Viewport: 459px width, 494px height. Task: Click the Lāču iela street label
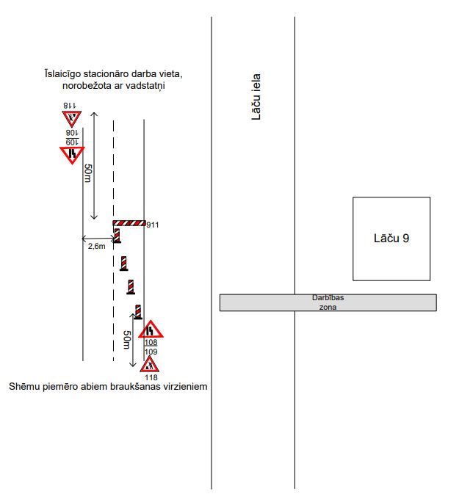(256, 97)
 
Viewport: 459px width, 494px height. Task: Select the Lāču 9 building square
(391, 239)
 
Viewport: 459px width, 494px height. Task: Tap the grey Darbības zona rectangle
(328, 302)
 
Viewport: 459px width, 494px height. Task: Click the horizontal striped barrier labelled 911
(129, 223)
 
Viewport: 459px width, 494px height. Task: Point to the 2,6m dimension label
(97, 247)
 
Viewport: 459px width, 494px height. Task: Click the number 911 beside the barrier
(153, 225)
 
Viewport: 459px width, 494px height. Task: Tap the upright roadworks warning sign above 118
(150, 365)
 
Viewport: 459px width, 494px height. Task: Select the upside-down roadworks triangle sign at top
(72, 118)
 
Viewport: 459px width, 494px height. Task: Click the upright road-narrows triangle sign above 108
(151, 330)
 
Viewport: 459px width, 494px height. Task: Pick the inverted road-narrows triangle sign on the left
(72, 155)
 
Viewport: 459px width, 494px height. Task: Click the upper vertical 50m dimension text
(87, 173)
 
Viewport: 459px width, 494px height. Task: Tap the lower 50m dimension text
(126, 340)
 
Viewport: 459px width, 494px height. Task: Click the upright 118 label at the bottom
(151, 377)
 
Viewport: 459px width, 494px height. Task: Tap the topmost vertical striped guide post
(117, 236)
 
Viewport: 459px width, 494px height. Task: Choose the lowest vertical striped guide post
(138, 312)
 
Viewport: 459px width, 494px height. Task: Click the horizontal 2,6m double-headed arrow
(98, 239)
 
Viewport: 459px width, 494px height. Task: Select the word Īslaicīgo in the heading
(62, 74)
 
